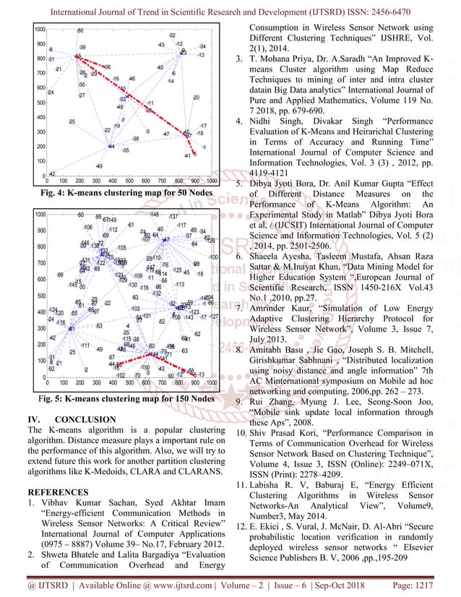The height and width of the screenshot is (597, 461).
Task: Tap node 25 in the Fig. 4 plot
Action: pos(72,121)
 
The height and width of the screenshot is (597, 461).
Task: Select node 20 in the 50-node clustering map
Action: pos(196,98)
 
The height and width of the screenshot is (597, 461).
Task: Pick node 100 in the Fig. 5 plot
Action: pos(212,257)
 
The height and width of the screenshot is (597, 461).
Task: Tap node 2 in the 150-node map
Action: pos(86,369)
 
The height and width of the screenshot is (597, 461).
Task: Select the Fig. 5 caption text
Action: pos(114,398)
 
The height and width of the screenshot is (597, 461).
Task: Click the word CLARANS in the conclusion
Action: pos(201,472)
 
